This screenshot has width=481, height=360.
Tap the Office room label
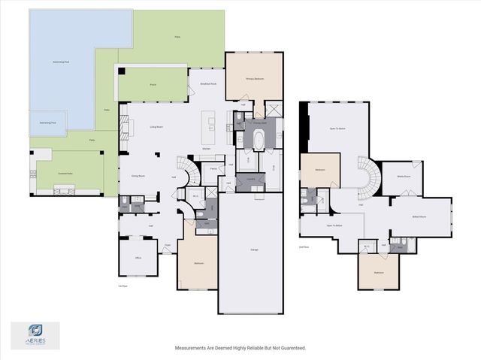[138, 258]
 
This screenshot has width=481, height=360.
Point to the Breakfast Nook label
[208, 83]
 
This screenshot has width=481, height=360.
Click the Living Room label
[136, 128]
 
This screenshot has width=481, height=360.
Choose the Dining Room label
[138, 176]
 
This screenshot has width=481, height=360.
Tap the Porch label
[152, 85]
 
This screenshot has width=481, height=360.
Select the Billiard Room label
[419, 216]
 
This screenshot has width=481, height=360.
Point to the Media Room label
[403, 177]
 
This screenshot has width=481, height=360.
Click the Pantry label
[214, 170]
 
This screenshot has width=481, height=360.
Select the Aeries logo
[35, 332]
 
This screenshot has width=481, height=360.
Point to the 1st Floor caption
[123, 286]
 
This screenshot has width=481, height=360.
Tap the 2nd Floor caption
[304, 246]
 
